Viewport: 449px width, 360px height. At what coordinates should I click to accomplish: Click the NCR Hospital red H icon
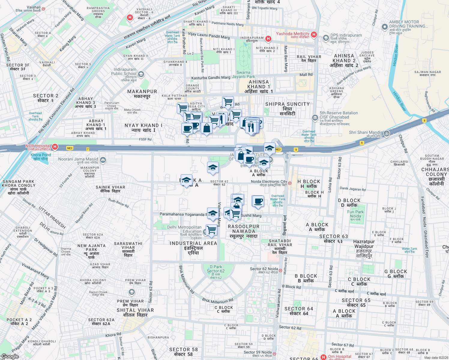[x=55, y=147]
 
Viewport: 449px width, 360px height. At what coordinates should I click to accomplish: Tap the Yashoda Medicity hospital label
[x=293, y=34]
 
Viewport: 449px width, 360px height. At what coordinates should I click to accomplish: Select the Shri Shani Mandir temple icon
[x=387, y=133]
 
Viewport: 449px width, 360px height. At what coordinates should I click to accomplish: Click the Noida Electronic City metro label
[x=269, y=181]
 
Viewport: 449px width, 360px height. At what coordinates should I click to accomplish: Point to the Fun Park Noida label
[x=355, y=214]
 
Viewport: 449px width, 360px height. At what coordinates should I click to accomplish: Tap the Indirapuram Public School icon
[x=141, y=74]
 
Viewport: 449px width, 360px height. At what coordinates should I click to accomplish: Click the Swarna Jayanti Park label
[x=243, y=74]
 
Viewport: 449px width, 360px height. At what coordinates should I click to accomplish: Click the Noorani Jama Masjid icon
[x=103, y=160]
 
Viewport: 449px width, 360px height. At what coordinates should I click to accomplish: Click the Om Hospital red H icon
[x=323, y=357]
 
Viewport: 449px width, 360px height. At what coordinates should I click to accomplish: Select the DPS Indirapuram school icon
[x=326, y=38]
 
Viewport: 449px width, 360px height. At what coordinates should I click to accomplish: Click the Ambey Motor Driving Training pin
[x=384, y=27]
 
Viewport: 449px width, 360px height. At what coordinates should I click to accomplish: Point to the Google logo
[x=10, y=356]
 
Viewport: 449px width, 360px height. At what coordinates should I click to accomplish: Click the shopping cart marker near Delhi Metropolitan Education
[x=212, y=230]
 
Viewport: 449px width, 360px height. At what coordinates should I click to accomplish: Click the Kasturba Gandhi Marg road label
[x=211, y=78]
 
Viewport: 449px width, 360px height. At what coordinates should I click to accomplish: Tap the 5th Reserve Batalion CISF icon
[x=315, y=117]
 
